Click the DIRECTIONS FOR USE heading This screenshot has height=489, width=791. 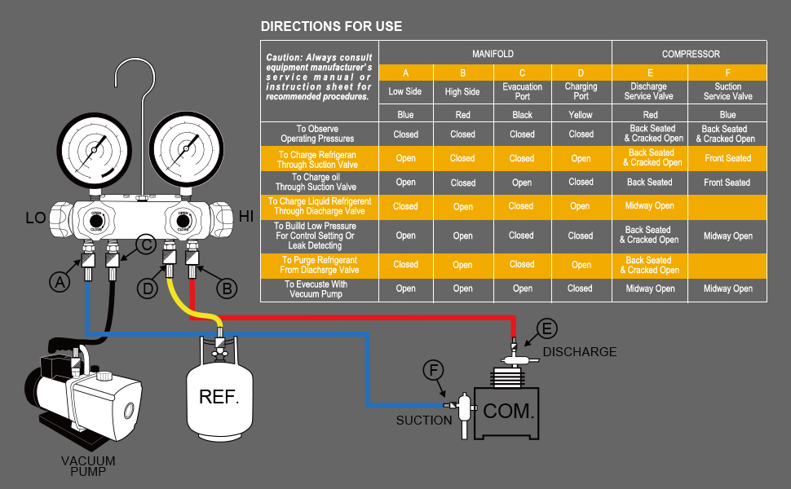[331, 26]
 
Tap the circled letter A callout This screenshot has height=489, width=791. [59, 282]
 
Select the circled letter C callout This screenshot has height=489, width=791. [145, 243]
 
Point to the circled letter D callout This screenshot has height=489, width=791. [148, 288]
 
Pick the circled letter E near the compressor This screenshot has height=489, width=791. [547, 328]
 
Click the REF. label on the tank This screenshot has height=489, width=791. [219, 398]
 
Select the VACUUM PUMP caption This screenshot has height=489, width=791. [88, 466]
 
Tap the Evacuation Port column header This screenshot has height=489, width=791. [522, 91]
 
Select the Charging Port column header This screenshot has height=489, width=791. [581, 91]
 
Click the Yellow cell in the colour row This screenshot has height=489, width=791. [581, 115]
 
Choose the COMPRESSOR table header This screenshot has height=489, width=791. [690, 54]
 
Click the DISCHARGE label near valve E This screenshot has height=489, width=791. [580, 352]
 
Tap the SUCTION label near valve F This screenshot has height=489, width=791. [423, 421]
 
